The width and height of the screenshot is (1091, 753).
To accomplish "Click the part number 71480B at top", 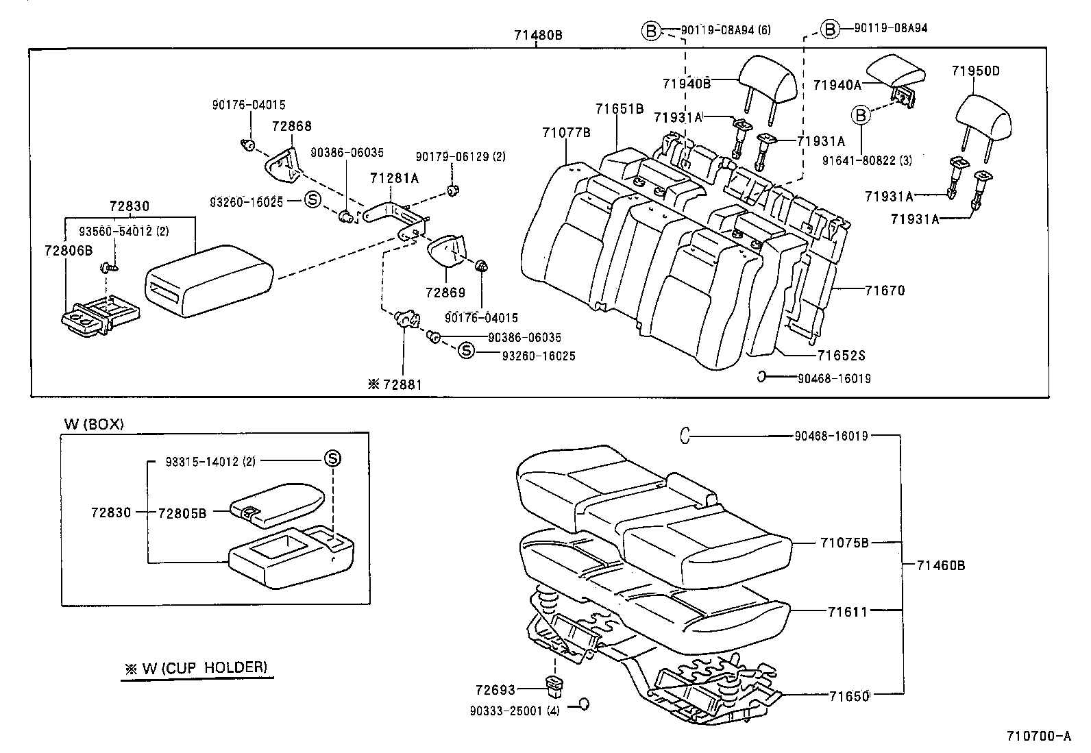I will pyautogui.click(x=538, y=34).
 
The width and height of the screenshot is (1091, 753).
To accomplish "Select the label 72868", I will pyautogui.click(x=291, y=126).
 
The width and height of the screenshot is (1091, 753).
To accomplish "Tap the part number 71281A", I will pyautogui.click(x=393, y=178).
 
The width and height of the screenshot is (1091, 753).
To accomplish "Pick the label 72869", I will pyautogui.click(x=445, y=293).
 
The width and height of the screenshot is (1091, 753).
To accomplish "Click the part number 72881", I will pyautogui.click(x=402, y=384).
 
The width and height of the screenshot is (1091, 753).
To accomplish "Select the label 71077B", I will pyautogui.click(x=566, y=133).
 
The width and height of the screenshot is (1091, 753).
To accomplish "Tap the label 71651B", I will pyautogui.click(x=619, y=108).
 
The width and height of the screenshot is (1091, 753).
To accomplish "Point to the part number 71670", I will pyautogui.click(x=884, y=291).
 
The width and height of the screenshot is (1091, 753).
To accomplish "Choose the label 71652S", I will pyautogui.click(x=841, y=356).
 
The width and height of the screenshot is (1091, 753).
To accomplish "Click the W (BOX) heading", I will pyautogui.click(x=94, y=424).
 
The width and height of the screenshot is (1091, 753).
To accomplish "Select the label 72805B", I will pyautogui.click(x=182, y=513).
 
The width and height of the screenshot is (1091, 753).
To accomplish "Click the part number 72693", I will pyautogui.click(x=495, y=690).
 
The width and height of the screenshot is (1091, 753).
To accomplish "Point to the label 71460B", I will pyautogui.click(x=941, y=565).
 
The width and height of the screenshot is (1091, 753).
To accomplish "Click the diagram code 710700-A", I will pyautogui.click(x=1038, y=737).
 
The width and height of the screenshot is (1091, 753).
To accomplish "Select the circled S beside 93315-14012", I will pyautogui.click(x=332, y=459).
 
